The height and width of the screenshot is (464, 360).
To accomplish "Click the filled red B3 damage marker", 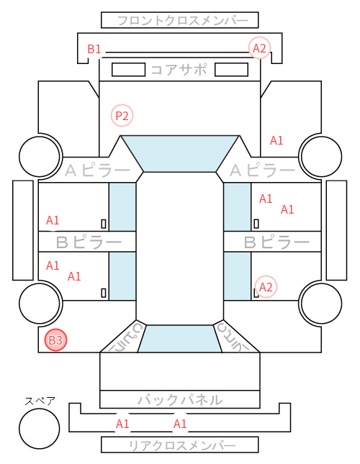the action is pos(55,340).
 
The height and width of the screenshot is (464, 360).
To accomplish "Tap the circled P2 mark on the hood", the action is pos(122,115).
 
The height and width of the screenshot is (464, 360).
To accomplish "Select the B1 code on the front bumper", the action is pos(94,49).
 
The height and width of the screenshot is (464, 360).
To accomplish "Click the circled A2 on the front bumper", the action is pos(260,48).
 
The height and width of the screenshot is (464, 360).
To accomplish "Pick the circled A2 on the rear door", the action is pos(266,287).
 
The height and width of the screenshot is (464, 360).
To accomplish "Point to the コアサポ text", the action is pos(179,70).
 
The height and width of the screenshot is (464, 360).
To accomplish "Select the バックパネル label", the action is pos(180,400).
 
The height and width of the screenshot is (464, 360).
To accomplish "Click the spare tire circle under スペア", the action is pos(40,428).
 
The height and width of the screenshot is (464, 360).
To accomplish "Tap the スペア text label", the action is pos(40,401).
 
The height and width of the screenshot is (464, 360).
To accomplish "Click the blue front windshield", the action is pos(180,153).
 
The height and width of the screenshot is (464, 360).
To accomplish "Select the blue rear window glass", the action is pos(180,339).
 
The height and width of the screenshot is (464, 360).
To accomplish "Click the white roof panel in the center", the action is pos(180,249).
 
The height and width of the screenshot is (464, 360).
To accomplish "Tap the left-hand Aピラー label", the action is pos(97,170).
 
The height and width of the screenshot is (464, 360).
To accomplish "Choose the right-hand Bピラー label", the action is pos(276,242).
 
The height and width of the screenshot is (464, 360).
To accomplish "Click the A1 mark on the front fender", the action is pos(276,140).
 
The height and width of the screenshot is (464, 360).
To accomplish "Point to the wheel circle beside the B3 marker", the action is pos(40,303).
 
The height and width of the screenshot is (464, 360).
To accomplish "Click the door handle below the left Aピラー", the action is pos(104,224).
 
